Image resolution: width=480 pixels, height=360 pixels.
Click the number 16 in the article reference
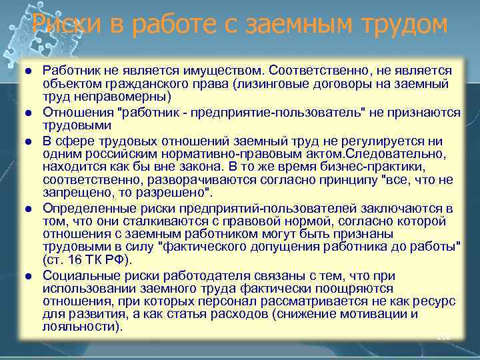[73, 261]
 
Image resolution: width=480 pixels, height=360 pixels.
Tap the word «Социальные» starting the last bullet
[76, 275]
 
